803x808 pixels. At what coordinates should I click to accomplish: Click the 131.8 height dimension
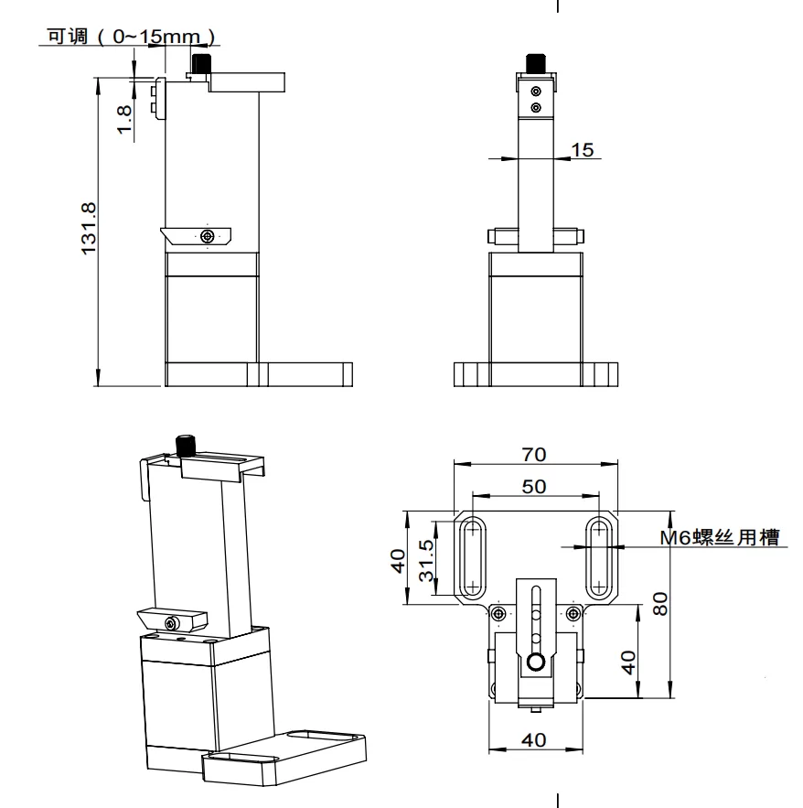(90, 230)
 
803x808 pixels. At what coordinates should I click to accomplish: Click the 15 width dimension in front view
(581, 149)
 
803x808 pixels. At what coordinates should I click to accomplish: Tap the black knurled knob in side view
(199, 65)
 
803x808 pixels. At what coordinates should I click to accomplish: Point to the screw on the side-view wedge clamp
(209, 236)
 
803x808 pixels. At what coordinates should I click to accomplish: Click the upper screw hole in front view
(535, 91)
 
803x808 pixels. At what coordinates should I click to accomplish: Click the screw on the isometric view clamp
(172, 623)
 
